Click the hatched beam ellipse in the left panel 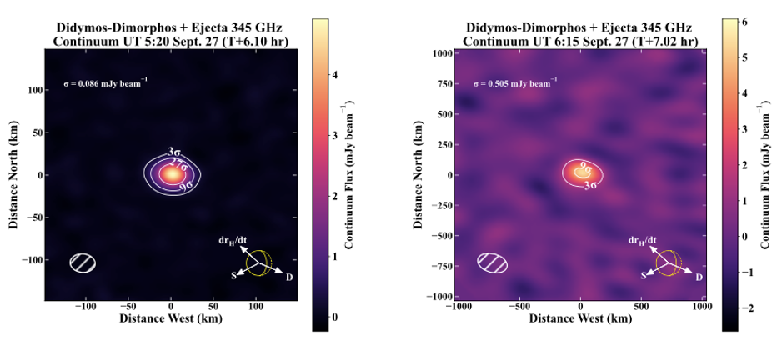click(x=83, y=262)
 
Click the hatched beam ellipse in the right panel click(x=492, y=262)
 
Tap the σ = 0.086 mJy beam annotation click(x=106, y=84)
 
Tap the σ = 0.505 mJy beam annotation click(x=515, y=84)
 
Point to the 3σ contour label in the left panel click(x=173, y=152)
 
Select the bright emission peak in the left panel click(x=171, y=174)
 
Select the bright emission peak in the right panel click(x=581, y=173)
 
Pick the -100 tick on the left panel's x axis click(x=85, y=307)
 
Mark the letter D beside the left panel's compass click(x=289, y=277)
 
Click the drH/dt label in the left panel click(x=233, y=240)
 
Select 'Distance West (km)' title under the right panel click(x=581, y=319)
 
